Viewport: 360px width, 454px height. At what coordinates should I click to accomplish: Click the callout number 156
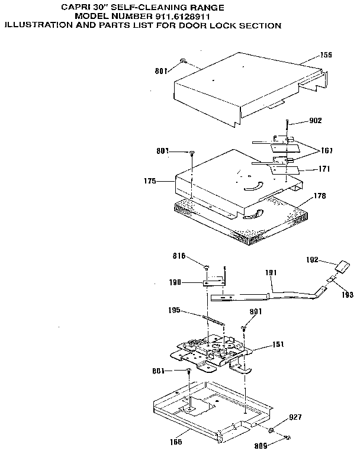326,55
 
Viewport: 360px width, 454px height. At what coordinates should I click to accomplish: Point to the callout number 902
316,121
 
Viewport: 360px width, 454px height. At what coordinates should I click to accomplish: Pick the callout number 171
324,169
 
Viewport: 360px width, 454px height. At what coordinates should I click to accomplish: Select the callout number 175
149,181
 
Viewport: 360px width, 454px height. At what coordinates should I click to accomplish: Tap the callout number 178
320,195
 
